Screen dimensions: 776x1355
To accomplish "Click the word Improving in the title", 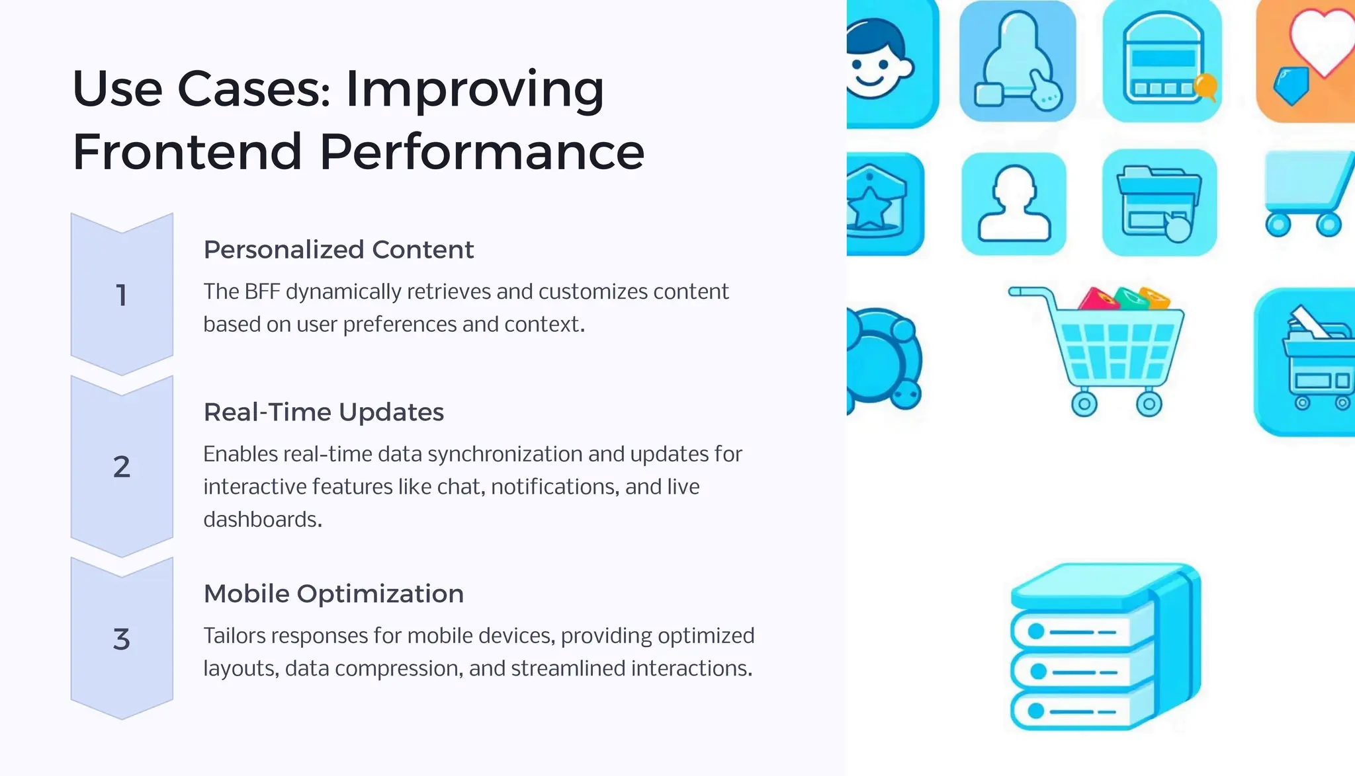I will pos(474,89).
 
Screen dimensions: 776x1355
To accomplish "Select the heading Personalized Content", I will pos(338,250).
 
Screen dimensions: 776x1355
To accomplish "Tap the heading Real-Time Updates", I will pos(324,412).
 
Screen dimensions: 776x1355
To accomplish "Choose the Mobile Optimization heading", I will pos(333,594).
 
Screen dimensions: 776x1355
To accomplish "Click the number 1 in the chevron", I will pos(122,295).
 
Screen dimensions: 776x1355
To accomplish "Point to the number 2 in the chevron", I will pos(122,467).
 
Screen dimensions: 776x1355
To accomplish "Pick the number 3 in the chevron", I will pos(122,639).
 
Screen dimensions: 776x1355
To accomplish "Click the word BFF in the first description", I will pos(262,291).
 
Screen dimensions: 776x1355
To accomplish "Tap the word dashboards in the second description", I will pos(262,520).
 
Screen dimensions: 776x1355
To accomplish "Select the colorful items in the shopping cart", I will pos(1125,299).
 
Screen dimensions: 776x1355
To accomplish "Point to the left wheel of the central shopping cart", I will pos(1084,403).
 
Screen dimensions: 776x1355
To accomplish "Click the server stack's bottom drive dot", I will pos(1036,711).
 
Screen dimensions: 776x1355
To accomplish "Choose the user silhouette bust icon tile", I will pos(1014,204).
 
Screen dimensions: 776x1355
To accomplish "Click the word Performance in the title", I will pos(482,152).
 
